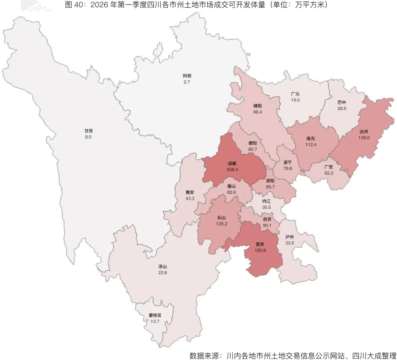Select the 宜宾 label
click(x=260, y=244)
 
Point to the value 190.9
click(x=260, y=250)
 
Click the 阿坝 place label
click(x=187, y=76)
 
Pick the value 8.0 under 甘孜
click(x=88, y=137)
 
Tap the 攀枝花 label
click(x=155, y=316)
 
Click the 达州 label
click(x=364, y=131)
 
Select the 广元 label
click(x=295, y=94)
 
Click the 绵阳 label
click(x=258, y=106)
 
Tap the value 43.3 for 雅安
click(x=190, y=198)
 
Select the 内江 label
click(x=267, y=201)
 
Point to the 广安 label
click(x=329, y=167)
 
